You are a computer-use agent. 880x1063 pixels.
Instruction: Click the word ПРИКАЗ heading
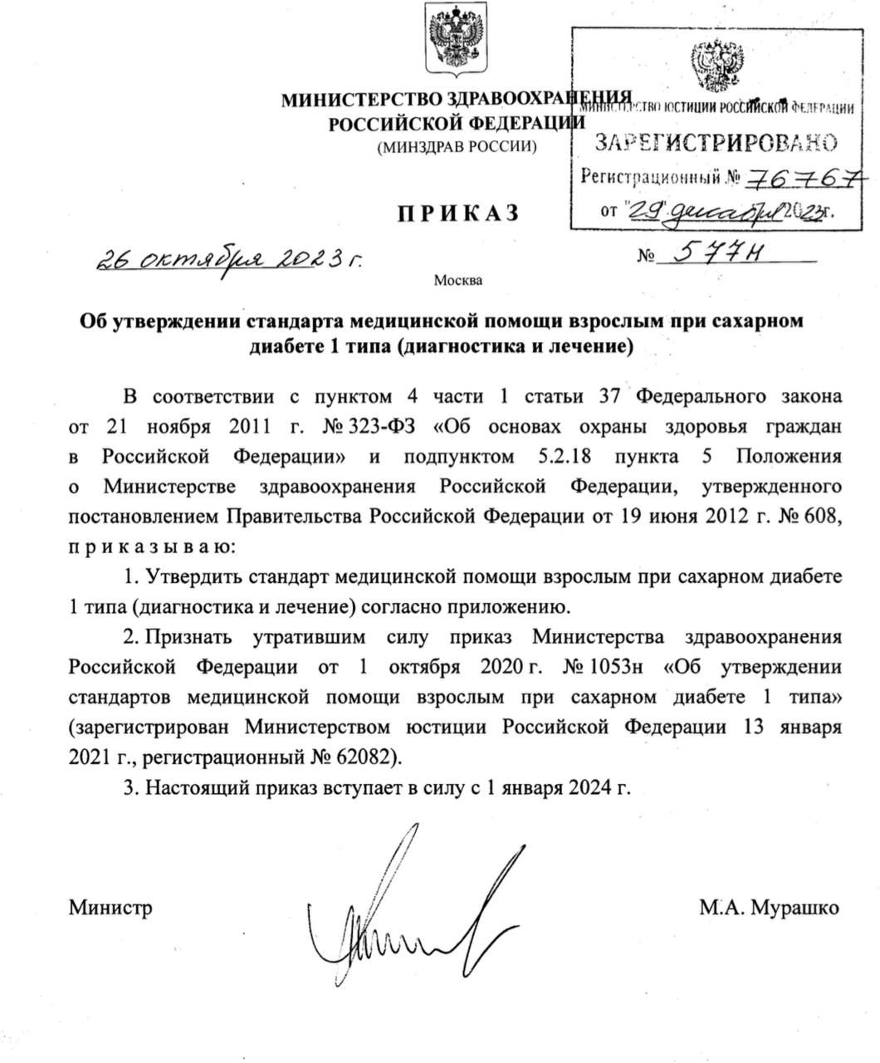(x=457, y=213)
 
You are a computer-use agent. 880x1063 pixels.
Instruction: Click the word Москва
(x=457, y=280)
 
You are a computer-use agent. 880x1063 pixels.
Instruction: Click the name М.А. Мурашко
(x=769, y=908)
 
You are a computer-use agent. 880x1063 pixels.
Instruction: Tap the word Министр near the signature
(x=110, y=908)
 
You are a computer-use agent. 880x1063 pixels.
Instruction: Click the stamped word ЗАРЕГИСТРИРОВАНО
(x=715, y=143)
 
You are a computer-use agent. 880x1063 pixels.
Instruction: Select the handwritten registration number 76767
(x=805, y=177)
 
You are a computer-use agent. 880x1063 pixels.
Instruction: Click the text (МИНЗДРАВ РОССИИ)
(x=457, y=148)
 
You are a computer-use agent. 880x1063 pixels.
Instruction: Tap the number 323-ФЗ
(x=389, y=427)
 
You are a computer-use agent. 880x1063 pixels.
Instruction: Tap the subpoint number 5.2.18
(x=556, y=457)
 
